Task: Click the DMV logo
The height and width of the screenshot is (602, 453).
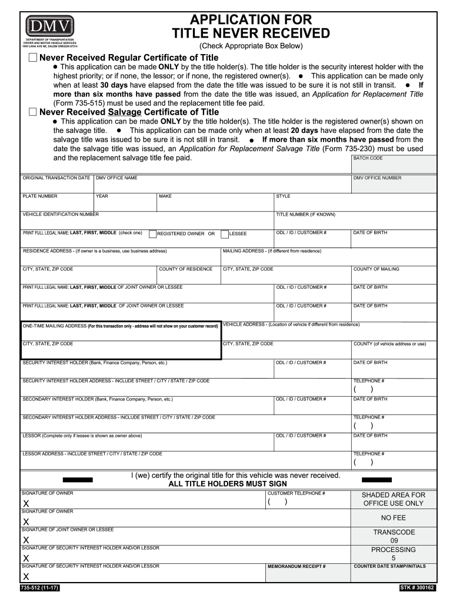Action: pyautogui.click(x=49, y=25)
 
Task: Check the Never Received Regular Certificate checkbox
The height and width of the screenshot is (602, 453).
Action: pyautogui.click(x=32, y=58)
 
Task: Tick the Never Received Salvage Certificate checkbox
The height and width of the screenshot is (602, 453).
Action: pyautogui.click(x=32, y=112)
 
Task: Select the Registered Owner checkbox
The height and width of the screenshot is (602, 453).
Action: pyautogui.click(x=152, y=234)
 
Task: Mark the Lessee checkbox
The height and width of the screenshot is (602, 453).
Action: pyautogui.click(x=225, y=234)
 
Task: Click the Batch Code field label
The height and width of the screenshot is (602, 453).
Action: pyautogui.click(x=368, y=158)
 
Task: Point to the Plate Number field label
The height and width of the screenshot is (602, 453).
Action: pyautogui.click(x=40, y=196)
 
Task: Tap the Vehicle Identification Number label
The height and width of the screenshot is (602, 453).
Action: pyautogui.click(x=61, y=215)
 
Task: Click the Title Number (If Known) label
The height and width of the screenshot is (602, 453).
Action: pyautogui.click(x=305, y=215)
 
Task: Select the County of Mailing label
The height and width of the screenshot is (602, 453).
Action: pyautogui.click(x=376, y=269)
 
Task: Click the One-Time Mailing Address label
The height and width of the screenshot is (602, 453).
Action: pyautogui.click(x=120, y=326)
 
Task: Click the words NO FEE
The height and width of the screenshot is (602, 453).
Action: pyautogui.click(x=393, y=518)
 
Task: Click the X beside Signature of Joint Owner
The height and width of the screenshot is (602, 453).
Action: pyautogui.click(x=26, y=540)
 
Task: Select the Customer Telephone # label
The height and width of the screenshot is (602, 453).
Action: pyautogui.click(x=296, y=493)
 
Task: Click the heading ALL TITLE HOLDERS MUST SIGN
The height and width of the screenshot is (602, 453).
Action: pyautogui.click(x=228, y=484)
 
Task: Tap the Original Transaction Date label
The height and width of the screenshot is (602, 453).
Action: pyautogui.click(x=56, y=178)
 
